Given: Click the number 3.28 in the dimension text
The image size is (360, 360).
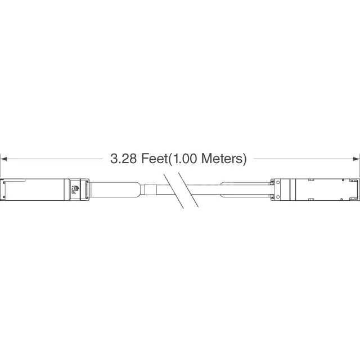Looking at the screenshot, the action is [123, 159].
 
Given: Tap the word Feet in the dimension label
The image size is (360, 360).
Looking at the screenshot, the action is [155, 159].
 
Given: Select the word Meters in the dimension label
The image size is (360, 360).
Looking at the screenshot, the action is [222, 159].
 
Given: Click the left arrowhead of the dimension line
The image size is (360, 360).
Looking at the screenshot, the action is [4, 159].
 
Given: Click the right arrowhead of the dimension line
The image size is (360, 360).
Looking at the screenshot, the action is [356, 159].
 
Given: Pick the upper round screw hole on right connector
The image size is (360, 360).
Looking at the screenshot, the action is [278, 182].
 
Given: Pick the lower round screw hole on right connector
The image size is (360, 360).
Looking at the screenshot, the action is [278, 197].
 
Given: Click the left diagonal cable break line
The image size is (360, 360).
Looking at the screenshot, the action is [174, 191].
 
